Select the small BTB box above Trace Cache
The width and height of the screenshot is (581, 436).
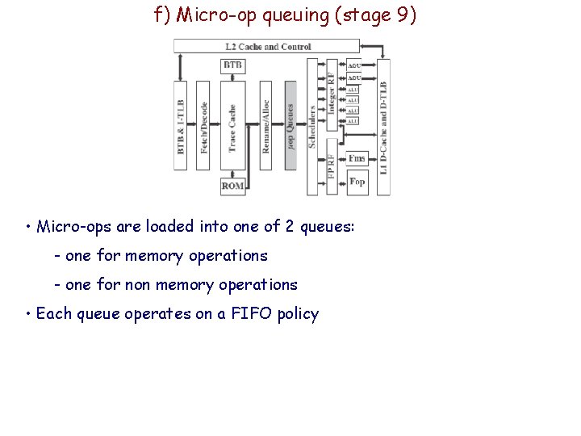pos(233,65)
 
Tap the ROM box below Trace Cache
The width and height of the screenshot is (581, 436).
pos(233,186)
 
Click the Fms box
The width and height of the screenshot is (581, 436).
pos(357,157)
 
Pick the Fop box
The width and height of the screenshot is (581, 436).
pos(357,181)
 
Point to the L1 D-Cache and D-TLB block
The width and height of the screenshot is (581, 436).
pos(383,128)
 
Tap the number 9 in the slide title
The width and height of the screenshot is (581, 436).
pos(403,15)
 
